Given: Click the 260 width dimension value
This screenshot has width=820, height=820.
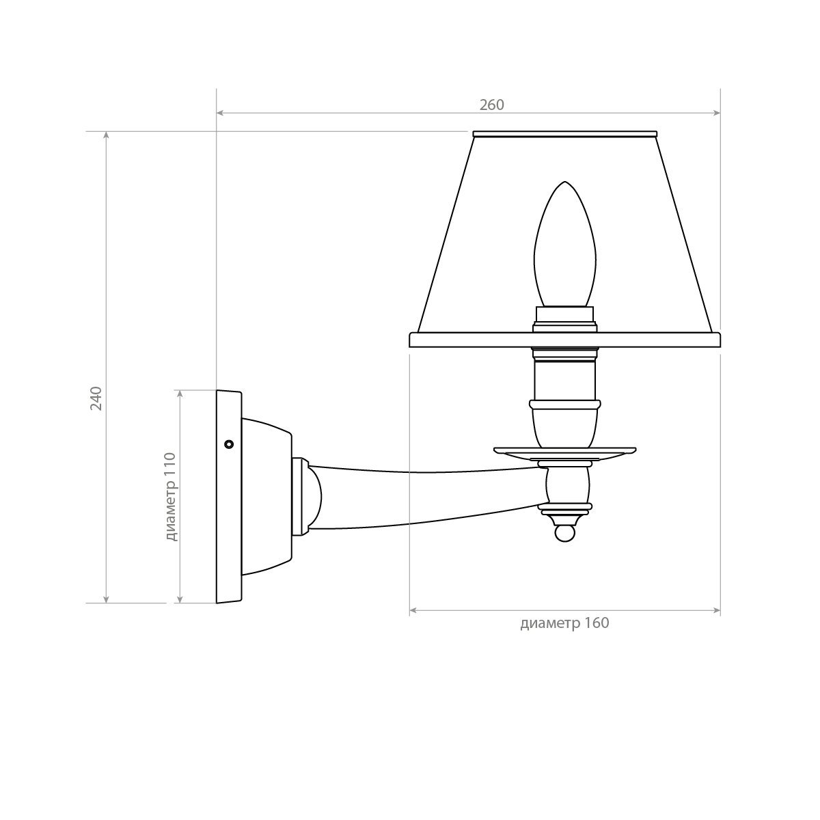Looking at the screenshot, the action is click(x=491, y=105).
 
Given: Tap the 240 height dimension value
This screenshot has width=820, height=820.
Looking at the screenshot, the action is click(x=96, y=398).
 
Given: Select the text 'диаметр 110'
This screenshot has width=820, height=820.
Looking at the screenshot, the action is click(x=171, y=497).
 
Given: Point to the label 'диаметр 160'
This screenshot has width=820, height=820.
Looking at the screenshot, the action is click(x=564, y=623).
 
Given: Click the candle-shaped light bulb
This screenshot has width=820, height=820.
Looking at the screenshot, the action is click(x=564, y=244).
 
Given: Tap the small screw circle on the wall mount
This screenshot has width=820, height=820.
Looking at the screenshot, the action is click(x=229, y=444).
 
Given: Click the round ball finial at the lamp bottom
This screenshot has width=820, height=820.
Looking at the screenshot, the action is click(x=564, y=534).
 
